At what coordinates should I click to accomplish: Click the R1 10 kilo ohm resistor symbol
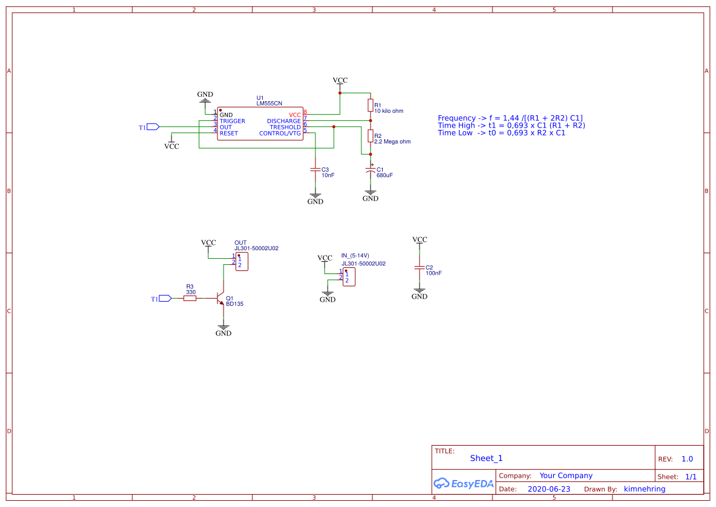pos(370,105)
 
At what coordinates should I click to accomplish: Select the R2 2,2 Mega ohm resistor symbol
pos(370,135)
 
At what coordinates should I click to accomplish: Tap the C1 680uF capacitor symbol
pos(370,170)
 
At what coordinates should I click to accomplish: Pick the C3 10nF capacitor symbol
pos(315,169)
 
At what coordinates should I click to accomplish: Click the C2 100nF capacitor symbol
pos(419,268)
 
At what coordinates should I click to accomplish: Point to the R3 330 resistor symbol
pos(190,299)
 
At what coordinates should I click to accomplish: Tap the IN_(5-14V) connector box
pos(349,277)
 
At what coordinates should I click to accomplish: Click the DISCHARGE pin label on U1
pos(284,121)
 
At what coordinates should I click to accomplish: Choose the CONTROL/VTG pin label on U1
pos(280,134)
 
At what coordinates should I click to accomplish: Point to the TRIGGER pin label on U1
pos(232,121)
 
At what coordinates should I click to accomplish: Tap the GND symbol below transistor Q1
pos(223,330)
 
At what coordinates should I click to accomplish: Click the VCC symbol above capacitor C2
pos(419,240)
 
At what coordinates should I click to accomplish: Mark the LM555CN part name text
pos(269,104)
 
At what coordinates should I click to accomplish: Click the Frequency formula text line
pos(510,118)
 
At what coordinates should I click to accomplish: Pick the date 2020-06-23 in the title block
pos(549,489)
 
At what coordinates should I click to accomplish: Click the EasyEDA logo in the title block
pos(463,483)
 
